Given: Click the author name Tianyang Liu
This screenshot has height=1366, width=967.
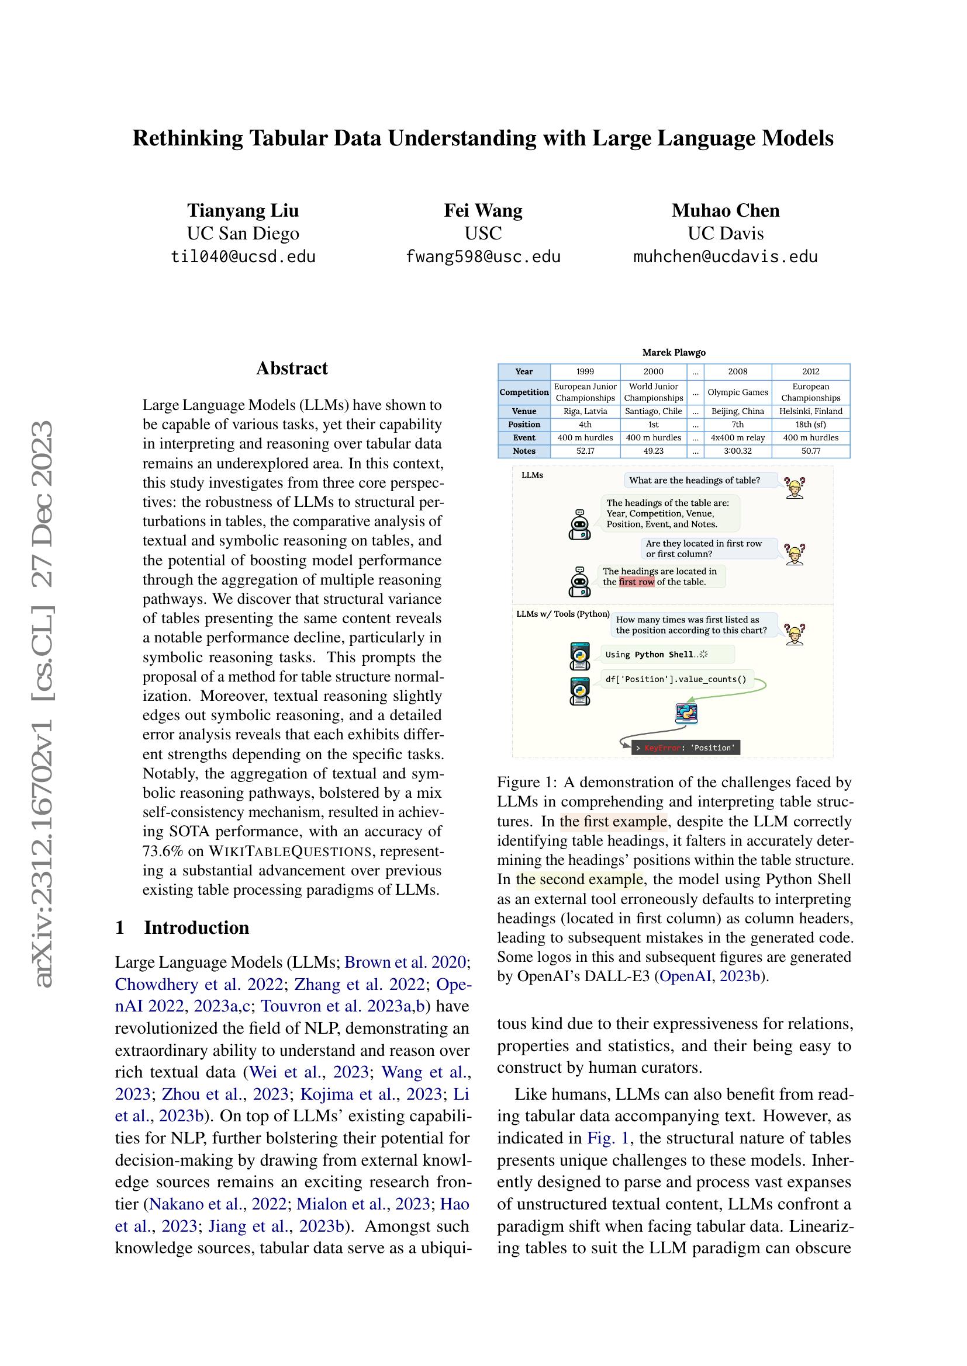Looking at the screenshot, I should [243, 211].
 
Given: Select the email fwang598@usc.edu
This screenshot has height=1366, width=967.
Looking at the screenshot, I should [483, 257].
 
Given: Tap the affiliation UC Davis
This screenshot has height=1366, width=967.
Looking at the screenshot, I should [725, 233].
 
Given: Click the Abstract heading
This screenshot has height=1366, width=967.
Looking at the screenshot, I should [292, 369].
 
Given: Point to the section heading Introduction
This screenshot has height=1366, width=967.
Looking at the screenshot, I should [196, 927].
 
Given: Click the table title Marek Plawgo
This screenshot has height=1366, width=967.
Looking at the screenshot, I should [674, 353].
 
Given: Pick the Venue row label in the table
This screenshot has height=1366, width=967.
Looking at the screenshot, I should [524, 411].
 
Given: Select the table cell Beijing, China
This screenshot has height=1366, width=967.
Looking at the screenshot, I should [737, 411].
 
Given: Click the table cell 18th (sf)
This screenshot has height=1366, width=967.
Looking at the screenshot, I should [810, 424].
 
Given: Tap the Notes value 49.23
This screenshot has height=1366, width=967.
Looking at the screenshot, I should [653, 451].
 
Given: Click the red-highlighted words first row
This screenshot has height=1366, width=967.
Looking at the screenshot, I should [637, 582].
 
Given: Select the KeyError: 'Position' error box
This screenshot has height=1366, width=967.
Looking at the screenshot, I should [685, 748].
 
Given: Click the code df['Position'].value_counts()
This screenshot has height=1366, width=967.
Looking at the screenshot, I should [675, 679].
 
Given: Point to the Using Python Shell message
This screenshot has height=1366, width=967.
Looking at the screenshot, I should [655, 655].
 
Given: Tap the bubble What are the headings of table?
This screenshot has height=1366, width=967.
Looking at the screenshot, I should [695, 480].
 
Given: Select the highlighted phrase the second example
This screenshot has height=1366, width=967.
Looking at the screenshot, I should [579, 880].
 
